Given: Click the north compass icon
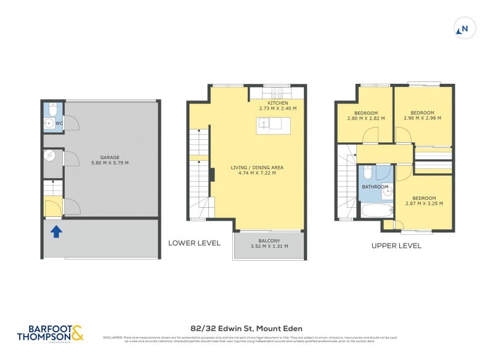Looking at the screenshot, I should click(x=463, y=28).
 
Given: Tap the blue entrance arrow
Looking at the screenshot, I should click(x=55, y=232).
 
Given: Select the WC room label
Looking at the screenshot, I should click(x=59, y=123).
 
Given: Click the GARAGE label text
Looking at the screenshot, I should click(x=110, y=157).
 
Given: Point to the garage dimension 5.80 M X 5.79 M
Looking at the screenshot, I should click(x=110, y=163).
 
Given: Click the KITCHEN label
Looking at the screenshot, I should click(x=277, y=102).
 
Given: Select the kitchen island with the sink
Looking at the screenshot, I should click(x=269, y=124).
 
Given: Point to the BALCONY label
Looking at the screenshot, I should click(x=269, y=240).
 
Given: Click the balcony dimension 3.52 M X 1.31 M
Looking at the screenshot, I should click(x=269, y=247).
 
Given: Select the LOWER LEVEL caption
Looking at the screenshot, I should click(x=194, y=243).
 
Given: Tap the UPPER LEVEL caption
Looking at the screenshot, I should click(x=396, y=245).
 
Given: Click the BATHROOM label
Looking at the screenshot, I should click(x=375, y=187).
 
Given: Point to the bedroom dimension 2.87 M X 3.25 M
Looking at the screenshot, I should click(x=424, y=203).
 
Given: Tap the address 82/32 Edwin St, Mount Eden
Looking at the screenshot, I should click(x=246, y=328).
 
